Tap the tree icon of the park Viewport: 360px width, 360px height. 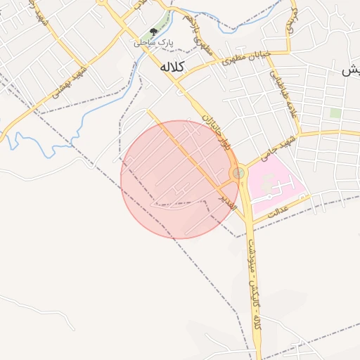point(153,32)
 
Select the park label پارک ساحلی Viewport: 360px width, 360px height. point(154,44)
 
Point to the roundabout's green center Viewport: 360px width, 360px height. point(239,172)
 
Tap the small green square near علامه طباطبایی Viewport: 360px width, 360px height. point(335,112)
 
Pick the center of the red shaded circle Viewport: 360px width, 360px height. point(179,179)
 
